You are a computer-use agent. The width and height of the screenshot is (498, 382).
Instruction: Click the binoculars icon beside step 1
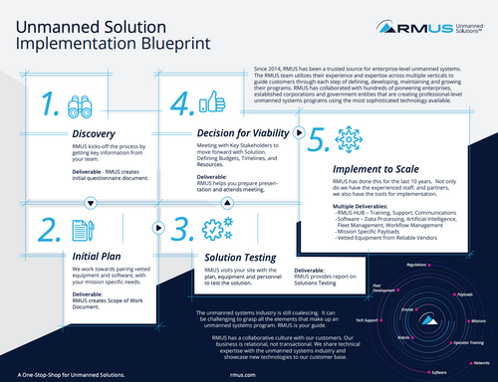[x=80, y=106]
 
